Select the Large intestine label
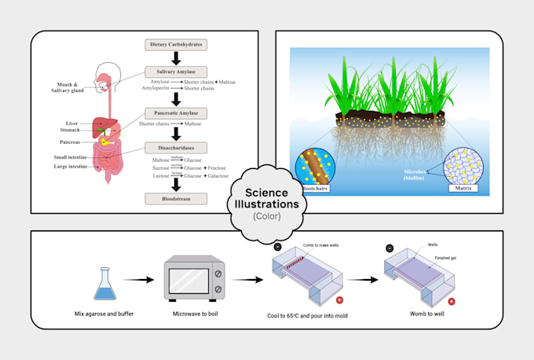(x=70, y=167)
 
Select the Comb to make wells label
(x=321, y=246)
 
